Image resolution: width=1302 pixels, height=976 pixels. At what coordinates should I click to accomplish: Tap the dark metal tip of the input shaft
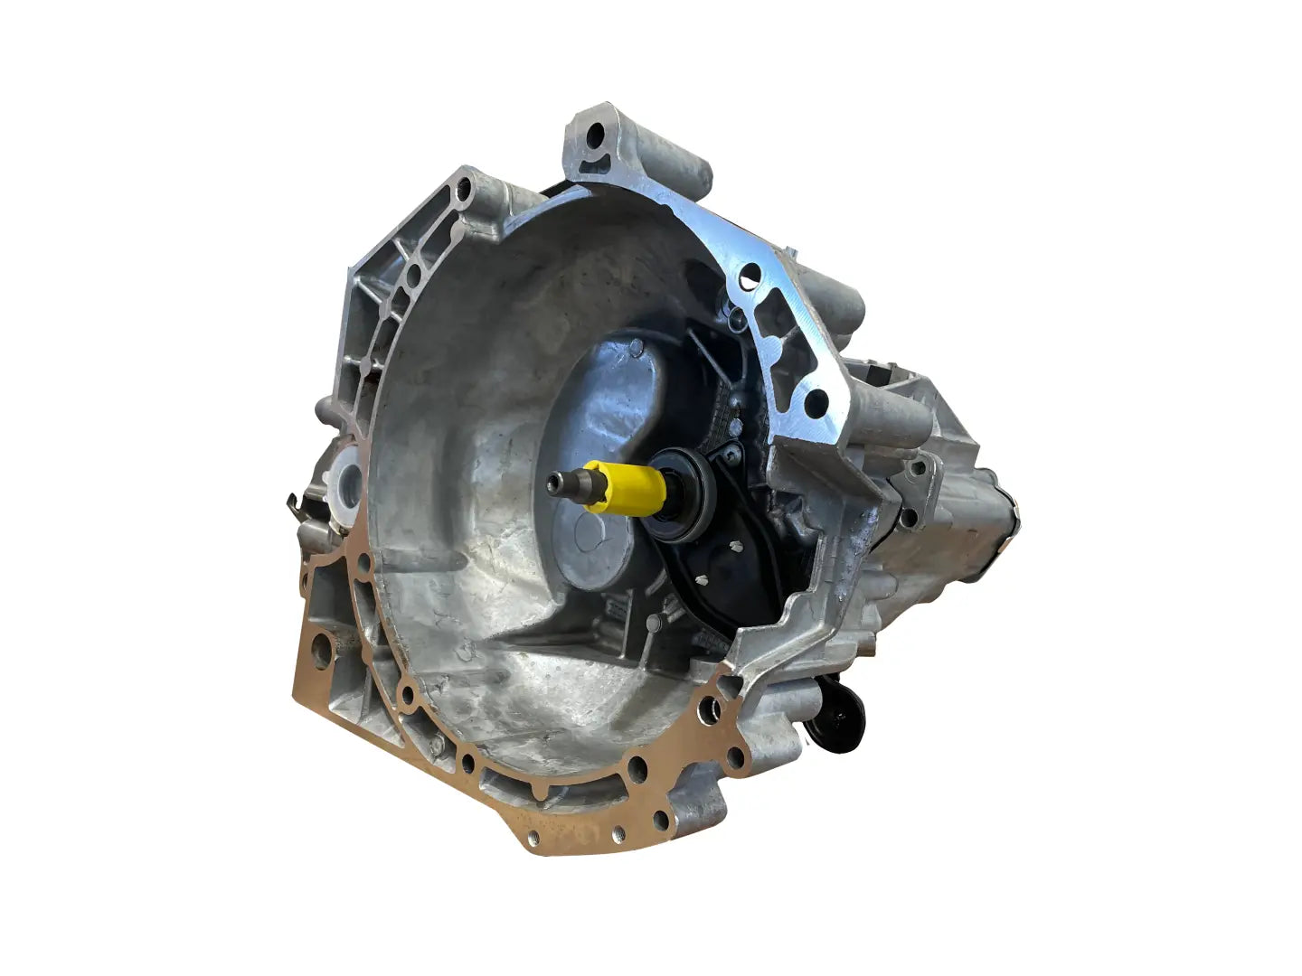tap(565, 486)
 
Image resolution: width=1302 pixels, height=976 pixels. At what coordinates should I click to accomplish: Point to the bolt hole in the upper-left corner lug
tap(464, 190)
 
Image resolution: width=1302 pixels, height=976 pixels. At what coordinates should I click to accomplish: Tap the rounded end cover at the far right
tap(1004, 533)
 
